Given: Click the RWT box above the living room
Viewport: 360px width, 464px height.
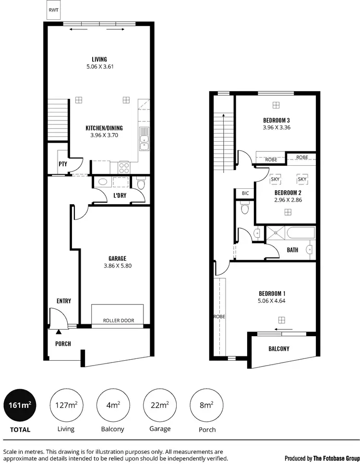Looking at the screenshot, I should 53,10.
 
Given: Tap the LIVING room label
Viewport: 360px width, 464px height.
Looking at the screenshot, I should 100,60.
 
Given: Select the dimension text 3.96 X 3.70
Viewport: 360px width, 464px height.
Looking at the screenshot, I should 104,135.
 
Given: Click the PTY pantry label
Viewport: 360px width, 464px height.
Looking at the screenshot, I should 62,164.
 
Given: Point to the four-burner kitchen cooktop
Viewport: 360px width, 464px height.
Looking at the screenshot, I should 124,168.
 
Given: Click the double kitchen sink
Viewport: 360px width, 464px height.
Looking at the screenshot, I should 144,139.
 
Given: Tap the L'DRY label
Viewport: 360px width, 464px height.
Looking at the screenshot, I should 120,195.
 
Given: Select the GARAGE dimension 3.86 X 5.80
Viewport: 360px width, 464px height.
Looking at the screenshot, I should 118,266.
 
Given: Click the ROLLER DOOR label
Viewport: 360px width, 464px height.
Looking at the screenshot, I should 119,320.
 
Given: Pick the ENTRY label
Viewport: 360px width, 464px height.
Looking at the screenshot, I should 64,301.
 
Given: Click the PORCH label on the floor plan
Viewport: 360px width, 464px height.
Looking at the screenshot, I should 63,344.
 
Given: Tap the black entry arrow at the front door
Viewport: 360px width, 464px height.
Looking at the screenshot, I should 59,331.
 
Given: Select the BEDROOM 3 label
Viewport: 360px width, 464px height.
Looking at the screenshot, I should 276,120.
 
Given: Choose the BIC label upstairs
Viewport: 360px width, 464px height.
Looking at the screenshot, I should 245,193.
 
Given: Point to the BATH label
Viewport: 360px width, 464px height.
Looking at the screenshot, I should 292,250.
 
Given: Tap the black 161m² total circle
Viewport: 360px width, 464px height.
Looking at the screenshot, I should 20,404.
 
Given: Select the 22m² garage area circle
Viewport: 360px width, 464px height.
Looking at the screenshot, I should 160,404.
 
